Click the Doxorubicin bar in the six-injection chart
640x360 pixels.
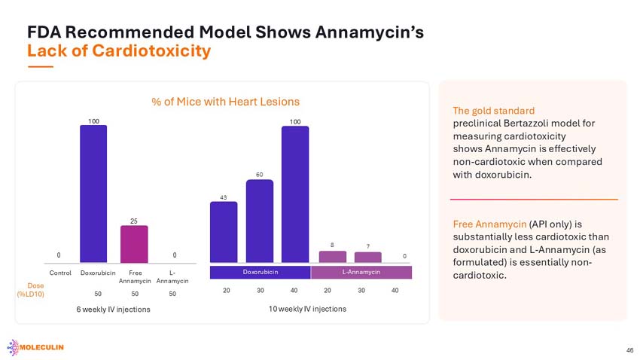pos(93,194)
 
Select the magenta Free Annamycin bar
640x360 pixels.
pos(134,244)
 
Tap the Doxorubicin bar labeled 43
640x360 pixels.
pos(224,232)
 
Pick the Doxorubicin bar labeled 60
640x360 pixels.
pos(260,221)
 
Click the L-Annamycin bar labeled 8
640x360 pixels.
pos(333,257)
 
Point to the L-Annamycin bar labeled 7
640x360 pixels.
pos(367,257)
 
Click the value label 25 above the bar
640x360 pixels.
pos(134,221)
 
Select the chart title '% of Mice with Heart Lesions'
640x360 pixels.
pos(225,102)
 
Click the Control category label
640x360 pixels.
pos(60,273)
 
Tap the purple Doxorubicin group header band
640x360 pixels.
pos(261,272)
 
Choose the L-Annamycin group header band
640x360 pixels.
pos(361,272)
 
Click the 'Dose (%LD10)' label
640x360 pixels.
pos(31,290)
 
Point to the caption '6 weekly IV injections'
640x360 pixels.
pos(113,310)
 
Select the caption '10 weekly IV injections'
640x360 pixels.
pos(307,309)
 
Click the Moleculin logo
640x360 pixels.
pos(35,347)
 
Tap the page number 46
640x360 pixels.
pos(629,350)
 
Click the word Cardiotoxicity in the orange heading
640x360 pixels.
pos(151,51)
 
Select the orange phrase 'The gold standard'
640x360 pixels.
pos(493,111)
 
